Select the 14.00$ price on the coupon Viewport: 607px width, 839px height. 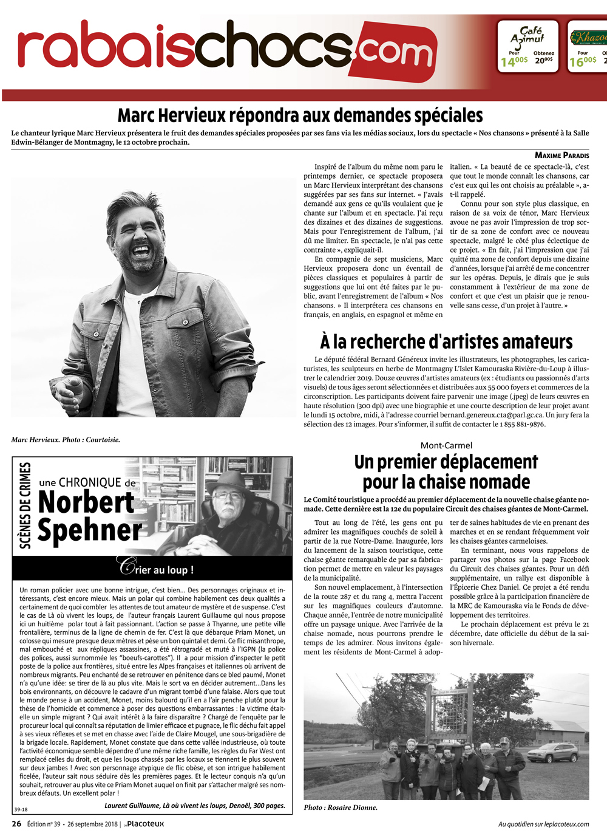point(514,61)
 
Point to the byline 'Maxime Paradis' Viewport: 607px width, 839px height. point(561,156)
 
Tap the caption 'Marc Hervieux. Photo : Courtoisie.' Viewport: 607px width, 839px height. point(66,440)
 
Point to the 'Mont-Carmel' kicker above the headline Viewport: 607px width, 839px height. point(446,445)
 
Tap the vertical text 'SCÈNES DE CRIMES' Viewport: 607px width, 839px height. point(25,505)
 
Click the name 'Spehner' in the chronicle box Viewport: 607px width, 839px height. point(90,530)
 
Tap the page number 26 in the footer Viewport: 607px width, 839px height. point(16,824)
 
